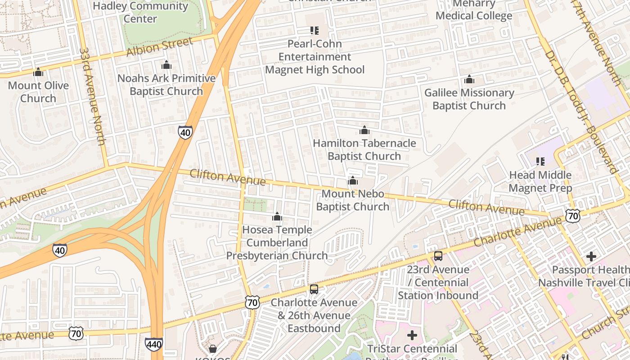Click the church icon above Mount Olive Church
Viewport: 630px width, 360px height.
(38, 72)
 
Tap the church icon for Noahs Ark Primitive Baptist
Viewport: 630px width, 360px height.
(166, 65)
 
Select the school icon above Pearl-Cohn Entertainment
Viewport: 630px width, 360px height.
(315, 31)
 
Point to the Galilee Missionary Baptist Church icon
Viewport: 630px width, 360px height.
(469, 80)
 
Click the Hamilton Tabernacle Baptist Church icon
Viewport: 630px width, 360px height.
(364, 130)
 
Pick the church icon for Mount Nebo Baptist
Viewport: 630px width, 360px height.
(353, 181)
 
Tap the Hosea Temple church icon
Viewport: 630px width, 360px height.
(277, 217)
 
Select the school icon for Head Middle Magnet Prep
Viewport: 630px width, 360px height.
(540, 162)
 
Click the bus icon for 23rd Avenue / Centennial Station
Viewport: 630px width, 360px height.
(438, 256)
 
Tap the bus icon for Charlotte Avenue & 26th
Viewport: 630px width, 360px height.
(314, 289)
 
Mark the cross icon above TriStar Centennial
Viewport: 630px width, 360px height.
(412, 335)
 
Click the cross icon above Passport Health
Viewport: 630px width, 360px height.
(591, 256)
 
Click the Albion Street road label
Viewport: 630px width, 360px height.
(160, 47)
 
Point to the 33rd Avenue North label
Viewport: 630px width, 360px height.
(92, 97)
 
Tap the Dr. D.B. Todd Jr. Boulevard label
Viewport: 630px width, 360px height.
(580, 112)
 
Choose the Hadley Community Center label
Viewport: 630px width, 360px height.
(140, 12)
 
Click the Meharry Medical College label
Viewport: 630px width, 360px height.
(474, 10)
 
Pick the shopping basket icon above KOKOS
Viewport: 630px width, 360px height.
(213, 349)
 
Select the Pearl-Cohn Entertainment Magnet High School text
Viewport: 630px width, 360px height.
(315, 57)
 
